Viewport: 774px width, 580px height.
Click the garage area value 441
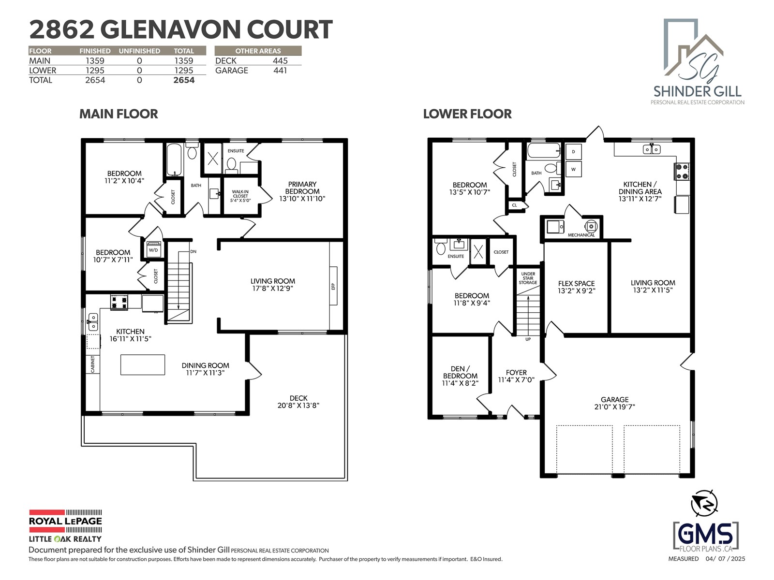tap(280, 71)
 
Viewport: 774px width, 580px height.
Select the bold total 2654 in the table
tap(184, 80)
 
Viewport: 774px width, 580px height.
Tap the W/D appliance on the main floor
tap(153, 249)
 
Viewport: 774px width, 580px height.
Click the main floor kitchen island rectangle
tap(142, 364)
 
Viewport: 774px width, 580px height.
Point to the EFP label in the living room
tap(333, 286)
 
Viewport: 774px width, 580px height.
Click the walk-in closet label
tap(240, 196)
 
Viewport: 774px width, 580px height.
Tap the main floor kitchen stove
tap(119, 302)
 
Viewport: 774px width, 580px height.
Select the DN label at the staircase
tap(193, 251)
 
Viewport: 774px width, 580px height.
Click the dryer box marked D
tap(573, 152)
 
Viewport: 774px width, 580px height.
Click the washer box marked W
tap(573, 169)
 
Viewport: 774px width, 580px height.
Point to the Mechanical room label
tap(581, 235)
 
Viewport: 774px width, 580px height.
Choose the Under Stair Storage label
tap(528, 278)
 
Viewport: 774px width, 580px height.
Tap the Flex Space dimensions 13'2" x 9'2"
tap(576, 290)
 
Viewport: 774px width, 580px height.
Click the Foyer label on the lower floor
tap(516, 372)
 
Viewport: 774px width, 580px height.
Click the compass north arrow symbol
tap(704, 503)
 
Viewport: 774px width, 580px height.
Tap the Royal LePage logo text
tap(65, 521)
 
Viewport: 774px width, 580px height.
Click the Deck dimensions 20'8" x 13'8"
tap(298, 406)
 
